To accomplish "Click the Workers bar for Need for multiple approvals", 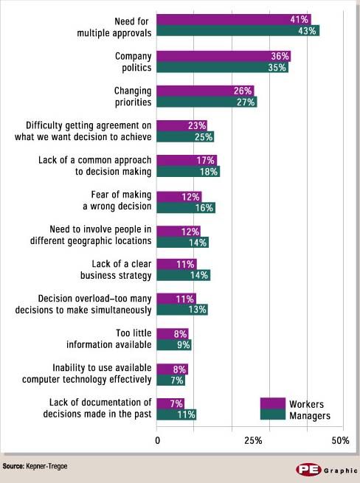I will (x=234, y=19).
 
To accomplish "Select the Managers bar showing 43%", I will (x=238, y=30).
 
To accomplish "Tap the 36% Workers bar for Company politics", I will (x=224, y=56).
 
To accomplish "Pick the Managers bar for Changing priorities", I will (x=207, y=102).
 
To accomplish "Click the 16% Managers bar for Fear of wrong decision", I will (x=186, y=208).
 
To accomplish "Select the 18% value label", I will (x=209, y=172).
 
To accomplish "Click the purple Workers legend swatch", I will (x=272, y=403).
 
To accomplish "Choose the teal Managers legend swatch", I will (x=272, y=415).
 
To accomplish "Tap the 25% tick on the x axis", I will (x=253, y=440).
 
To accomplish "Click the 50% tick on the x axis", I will (x=340, y=440).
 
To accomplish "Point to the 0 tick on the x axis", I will (x=157, y=440).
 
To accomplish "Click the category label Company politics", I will (x=133, y=61).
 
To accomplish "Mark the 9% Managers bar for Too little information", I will (x=174, y=344).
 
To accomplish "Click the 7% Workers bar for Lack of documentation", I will (x=170, y=403).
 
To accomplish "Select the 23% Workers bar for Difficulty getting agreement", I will (x=181, y=125).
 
